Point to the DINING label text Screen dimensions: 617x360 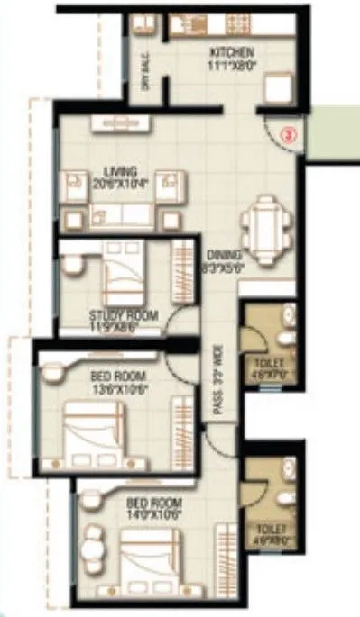click(219, 254)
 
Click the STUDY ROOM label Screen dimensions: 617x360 click(124, 315)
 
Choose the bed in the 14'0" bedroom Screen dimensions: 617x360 click(153, 558)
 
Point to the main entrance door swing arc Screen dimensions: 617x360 click(275, 135)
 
